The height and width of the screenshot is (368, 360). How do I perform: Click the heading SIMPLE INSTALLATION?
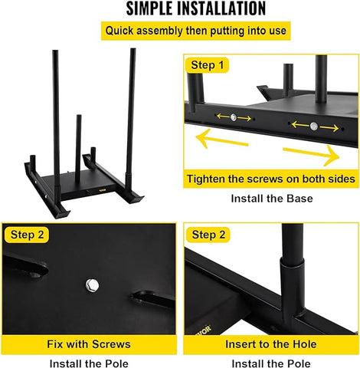coord(180,9)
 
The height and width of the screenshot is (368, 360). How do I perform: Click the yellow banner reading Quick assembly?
coord(179,31)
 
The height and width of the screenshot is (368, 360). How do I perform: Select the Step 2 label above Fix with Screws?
coord(28,234)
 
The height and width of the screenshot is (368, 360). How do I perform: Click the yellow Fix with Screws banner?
coord(90,344)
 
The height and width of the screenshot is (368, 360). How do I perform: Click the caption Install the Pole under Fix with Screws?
coord(90,362)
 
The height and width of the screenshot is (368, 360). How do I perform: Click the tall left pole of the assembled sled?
coord(55,115)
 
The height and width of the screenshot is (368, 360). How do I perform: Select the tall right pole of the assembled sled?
coord(132,107)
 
